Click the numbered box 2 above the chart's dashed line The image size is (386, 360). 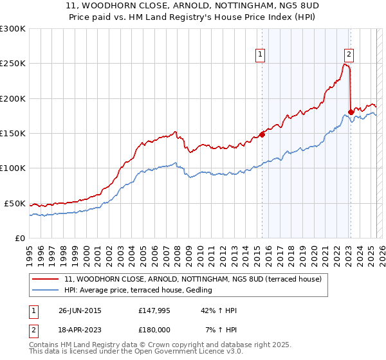coord(349,55)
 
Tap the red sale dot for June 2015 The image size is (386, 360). coord(262,134)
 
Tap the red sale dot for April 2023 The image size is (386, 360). coord(351,113)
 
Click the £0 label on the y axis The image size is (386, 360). coord(20,238)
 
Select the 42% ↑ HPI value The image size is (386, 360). coord(218,310)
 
